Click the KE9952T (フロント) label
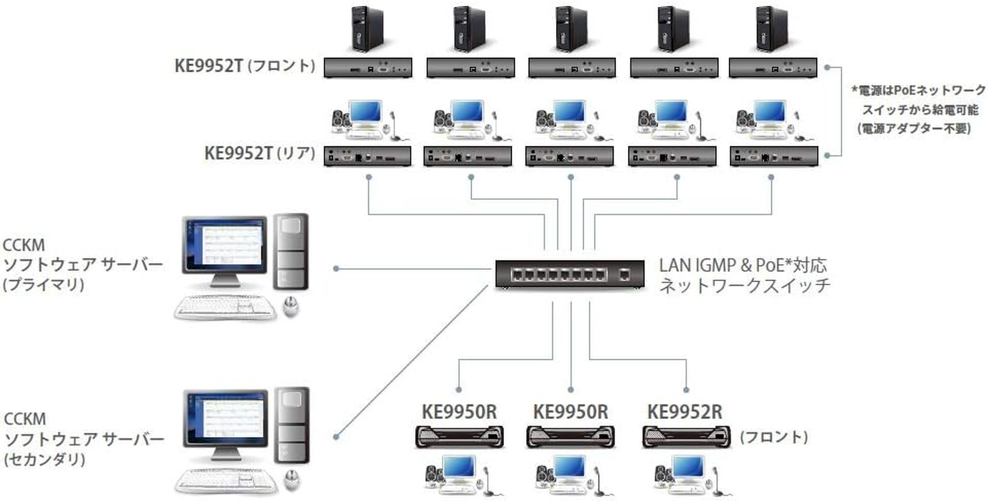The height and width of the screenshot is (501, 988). pos(244,66)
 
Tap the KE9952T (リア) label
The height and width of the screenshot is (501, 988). pos(259,153)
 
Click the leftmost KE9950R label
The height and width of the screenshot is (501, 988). pos(459,411)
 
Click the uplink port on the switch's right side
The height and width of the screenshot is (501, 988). pos(624,274)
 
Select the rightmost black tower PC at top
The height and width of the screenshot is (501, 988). pos(771,30)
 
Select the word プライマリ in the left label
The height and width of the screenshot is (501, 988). pos(44,285)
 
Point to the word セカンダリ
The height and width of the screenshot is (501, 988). pos(44,459)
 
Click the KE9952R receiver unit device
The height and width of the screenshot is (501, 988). pos(686,436)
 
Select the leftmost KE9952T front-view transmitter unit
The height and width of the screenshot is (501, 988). pos(368,68)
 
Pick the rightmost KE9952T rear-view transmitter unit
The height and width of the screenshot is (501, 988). pos(773,156)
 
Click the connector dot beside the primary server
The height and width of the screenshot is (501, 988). pos(336,269)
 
